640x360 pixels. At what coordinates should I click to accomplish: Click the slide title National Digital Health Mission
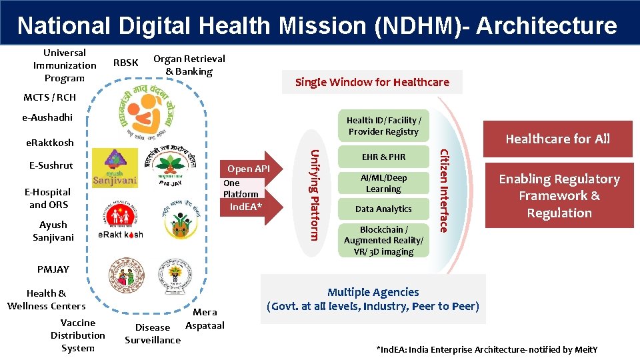(x=317, y=25)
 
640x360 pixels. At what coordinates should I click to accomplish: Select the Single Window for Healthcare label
(x=372, y=82)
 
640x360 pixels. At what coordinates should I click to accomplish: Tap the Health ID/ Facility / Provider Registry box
(x=383, y=126)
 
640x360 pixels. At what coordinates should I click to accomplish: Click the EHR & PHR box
(x=383, y=157)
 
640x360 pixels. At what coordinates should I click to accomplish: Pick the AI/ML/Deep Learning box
(x=383, y=183)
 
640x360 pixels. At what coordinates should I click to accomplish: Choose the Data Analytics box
(x=383, y=209)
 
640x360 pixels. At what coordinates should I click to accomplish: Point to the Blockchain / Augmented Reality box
(x=383, y=240)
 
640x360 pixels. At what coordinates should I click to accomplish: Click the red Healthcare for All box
(x=557, y=139)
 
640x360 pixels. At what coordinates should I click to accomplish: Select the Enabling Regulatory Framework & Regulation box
(x=559, y=196)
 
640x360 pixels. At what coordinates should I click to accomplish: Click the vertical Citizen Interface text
(x=442, y=190)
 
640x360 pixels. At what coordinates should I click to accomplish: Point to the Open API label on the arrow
(x=248, y=169)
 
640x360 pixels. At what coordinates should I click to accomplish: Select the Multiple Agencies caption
(x=373, y=299)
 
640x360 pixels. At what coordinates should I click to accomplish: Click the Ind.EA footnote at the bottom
(x=487, y=350)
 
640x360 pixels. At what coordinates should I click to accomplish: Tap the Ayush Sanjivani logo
(x=115, y=169)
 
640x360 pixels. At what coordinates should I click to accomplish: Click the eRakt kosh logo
(x=120, y=235)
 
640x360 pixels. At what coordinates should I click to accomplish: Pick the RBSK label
(x=126, y=63)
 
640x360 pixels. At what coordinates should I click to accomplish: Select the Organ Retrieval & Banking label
(x=189, y=65)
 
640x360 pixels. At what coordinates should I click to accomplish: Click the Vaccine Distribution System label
(x=77, y=335)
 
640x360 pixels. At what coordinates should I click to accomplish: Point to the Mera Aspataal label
(x=205, y=319)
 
